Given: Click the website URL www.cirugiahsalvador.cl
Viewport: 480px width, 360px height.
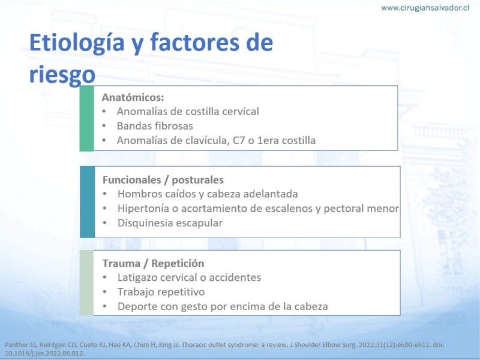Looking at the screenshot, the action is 425,8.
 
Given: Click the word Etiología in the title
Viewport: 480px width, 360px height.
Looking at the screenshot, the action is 77,43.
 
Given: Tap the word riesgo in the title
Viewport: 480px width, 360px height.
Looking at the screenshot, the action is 62,74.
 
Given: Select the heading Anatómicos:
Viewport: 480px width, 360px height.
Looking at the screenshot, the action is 133,97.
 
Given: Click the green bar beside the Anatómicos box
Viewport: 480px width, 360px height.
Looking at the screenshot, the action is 86,118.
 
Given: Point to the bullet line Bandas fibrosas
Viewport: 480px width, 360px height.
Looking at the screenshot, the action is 155,126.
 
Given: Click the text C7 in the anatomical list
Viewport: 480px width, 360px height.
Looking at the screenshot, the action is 239,140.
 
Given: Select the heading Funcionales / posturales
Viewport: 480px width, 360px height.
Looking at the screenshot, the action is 163,180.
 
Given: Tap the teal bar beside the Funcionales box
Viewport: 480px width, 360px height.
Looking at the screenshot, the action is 87,202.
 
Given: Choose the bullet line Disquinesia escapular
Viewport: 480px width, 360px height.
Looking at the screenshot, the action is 170,223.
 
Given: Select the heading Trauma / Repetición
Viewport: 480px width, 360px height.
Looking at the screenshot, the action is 154,263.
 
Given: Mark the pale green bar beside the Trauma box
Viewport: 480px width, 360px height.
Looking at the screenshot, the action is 86,283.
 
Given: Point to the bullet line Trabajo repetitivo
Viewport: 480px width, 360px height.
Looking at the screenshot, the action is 161,292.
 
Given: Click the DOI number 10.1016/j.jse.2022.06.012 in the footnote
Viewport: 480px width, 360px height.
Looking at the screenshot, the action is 44,353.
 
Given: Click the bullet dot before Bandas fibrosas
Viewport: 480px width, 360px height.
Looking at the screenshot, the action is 104,126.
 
